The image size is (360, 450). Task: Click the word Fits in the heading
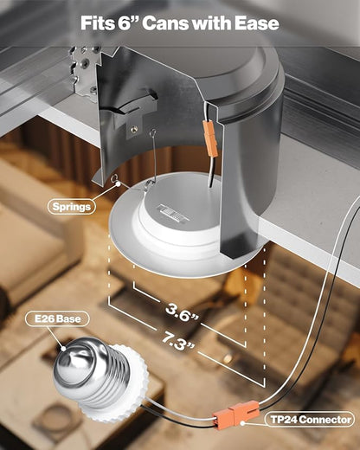click(98, 23)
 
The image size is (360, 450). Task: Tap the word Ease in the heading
click(256, 23)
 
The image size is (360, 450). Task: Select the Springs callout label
click(72, 207)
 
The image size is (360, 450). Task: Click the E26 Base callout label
click(57, 318)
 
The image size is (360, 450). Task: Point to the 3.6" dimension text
click(182, 314)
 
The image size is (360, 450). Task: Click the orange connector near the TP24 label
click(236, 413)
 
